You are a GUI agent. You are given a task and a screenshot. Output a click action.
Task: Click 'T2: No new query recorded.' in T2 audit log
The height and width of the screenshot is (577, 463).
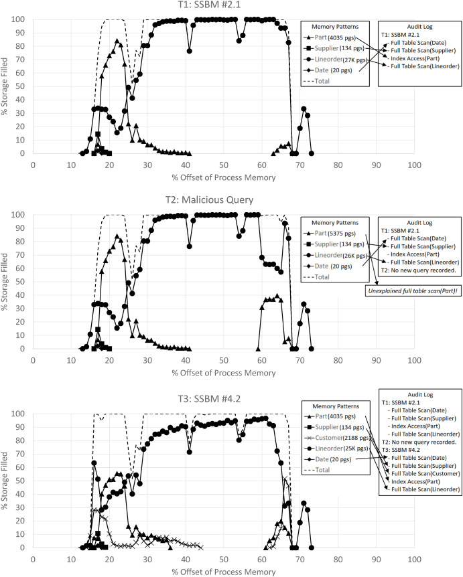tap(419, 270)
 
